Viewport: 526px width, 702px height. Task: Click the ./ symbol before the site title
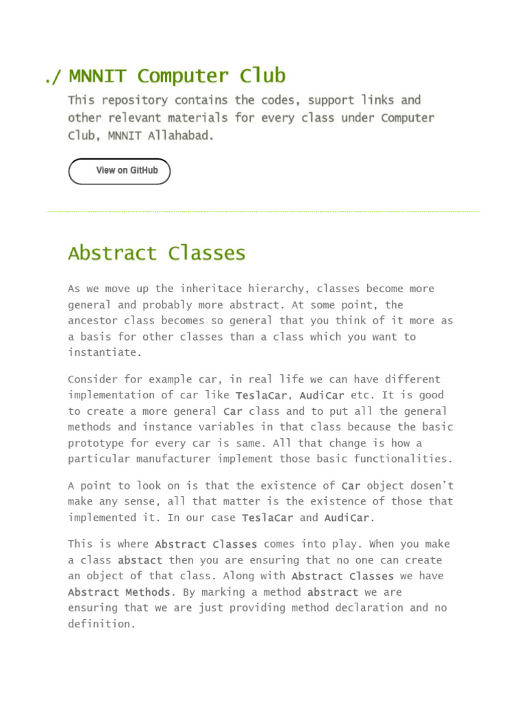point(53,77)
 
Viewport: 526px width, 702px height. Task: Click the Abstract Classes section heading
point(156,253)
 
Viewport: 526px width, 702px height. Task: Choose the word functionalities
point(406,459)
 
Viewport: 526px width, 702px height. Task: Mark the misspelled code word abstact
point(140,561)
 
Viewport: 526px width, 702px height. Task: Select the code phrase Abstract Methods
point(119,592)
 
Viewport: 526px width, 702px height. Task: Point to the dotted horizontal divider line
point(263,212)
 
